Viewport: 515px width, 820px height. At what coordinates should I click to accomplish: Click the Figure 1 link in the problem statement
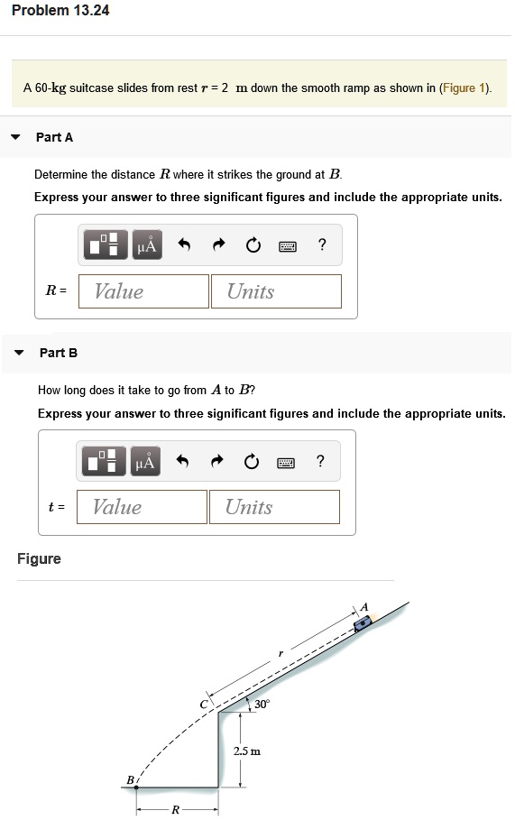464,88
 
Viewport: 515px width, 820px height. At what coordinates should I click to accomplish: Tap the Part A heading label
54,137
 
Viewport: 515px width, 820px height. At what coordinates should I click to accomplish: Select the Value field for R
143,291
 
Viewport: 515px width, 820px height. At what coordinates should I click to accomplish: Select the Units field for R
276,291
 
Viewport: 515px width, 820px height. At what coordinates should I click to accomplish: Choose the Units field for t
274,507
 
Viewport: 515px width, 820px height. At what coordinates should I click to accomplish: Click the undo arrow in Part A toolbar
185,244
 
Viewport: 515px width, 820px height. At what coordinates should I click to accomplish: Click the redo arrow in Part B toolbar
218,463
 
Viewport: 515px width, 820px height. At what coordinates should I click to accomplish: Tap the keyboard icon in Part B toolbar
286,463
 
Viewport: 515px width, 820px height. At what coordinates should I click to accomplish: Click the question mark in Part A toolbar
322,244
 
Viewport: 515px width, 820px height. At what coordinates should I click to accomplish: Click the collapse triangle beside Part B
19,353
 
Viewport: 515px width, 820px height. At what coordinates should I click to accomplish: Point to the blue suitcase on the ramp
363,622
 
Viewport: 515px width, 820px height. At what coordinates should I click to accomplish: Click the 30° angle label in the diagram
262,703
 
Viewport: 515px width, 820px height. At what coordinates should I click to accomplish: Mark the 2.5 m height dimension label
246,751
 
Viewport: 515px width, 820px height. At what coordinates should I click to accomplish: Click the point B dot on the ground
137,788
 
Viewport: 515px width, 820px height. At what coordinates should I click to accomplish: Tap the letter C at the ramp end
205,703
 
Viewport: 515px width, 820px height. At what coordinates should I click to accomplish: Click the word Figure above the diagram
40,559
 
